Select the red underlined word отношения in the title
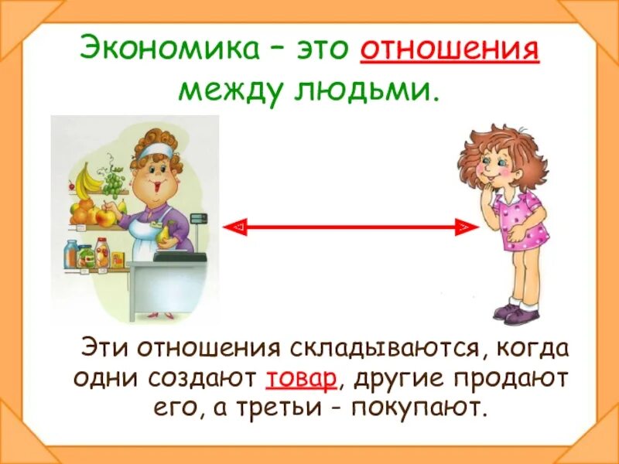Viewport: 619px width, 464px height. click(x=450, y=52)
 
